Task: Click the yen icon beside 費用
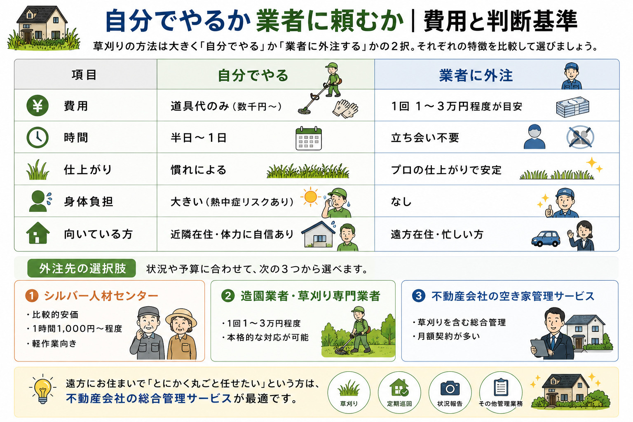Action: pos(38,105)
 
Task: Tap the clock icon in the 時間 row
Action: pos(38,138)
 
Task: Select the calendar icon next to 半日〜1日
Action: pos(309,138)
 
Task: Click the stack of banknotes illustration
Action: pos(572,107)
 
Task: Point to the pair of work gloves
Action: pos(345,108)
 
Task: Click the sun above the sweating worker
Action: pos(311,197)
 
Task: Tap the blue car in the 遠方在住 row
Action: pos(546,239)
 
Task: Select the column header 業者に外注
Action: pos(476,75)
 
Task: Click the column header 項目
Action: pos(84,75)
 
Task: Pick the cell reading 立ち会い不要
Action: pos(425,138)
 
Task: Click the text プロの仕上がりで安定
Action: pos(446,170)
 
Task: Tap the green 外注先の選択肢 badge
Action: pos(82,268)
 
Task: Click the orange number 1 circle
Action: pos(32,296)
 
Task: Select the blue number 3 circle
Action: pos(419,296)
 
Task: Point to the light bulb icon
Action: pos(42,389)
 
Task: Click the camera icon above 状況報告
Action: pos(450,388)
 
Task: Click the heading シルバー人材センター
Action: pos(101,296)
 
